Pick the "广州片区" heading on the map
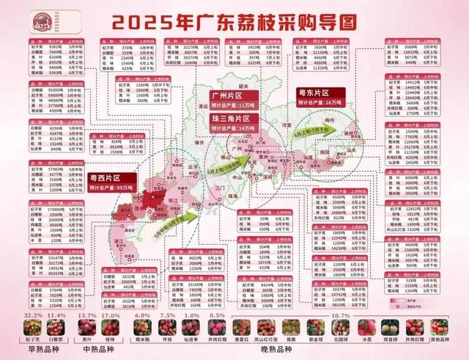[x=229, y=96]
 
